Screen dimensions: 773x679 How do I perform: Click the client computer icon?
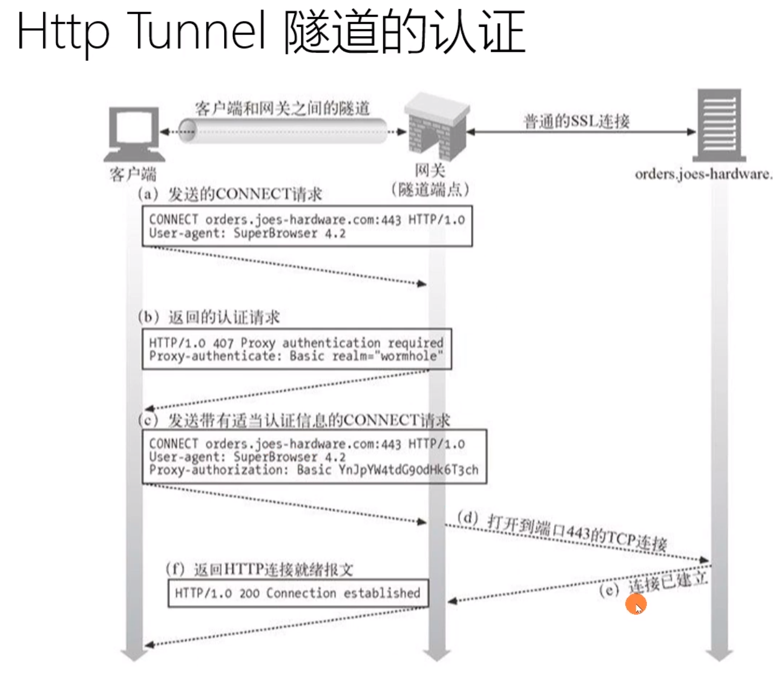(x=134, y=133)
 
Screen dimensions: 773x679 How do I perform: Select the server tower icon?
(x=719, y=125)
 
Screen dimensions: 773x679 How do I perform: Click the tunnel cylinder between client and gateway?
(x=282, y=131)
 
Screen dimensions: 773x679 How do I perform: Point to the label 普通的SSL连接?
(x=576, y=121)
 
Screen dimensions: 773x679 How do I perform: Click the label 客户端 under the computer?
(x=133, y=174)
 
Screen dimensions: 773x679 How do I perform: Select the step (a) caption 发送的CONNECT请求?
(x=245, y=194)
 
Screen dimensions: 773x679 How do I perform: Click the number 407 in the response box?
(x=223, y=343)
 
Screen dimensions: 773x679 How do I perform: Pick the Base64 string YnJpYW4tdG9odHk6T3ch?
(x=408, y=470)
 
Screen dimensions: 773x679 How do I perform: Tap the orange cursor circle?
(x=636, y=605)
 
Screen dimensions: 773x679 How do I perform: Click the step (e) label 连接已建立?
(x=667, y=583)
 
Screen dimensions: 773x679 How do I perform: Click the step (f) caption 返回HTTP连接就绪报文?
(x=273, y=570)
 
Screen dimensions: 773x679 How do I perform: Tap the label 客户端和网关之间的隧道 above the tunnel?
(x=282, y=108)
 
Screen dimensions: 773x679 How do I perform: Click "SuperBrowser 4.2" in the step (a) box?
(x=289, y=233)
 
